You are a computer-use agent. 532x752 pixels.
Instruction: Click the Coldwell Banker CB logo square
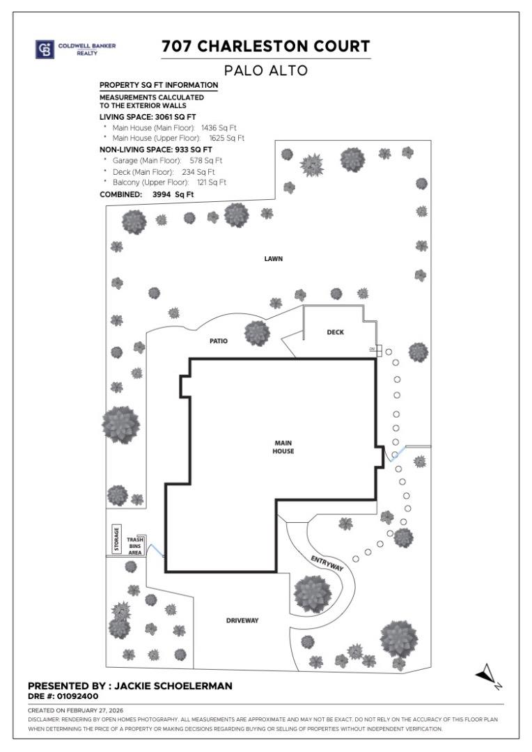[x=45, y=49]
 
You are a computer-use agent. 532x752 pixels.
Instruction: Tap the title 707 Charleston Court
[x=266, y=46]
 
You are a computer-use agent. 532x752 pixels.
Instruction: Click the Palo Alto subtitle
[x=266, y=70]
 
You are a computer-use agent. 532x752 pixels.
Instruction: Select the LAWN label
[x=274, y=259]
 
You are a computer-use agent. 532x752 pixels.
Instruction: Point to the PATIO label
[x=218, y=341]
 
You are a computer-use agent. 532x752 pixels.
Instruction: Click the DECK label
[x=336, y=332]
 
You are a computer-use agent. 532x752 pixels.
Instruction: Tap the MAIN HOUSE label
[x=283, y=447]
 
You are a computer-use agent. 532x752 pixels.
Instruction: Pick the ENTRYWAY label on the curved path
[x=327, y=563]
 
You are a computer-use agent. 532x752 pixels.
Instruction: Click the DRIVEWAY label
[x=242, y=620]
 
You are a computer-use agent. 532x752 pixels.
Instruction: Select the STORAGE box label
[x=116, y=539]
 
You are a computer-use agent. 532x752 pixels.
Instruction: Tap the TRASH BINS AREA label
[x=135, y=547]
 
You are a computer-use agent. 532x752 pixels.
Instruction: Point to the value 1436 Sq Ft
[x=219, y=128]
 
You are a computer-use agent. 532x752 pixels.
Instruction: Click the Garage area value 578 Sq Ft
[x=206, y=161]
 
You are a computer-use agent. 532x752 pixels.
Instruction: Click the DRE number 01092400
[x=78, y=696]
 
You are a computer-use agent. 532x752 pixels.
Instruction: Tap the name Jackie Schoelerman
[x=173, y=686]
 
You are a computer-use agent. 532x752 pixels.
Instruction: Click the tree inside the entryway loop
[x=312, y=594]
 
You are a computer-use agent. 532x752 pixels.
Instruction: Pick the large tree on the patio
[x=257, y=333]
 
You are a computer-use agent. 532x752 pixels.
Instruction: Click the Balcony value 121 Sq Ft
[x=212, y=182]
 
